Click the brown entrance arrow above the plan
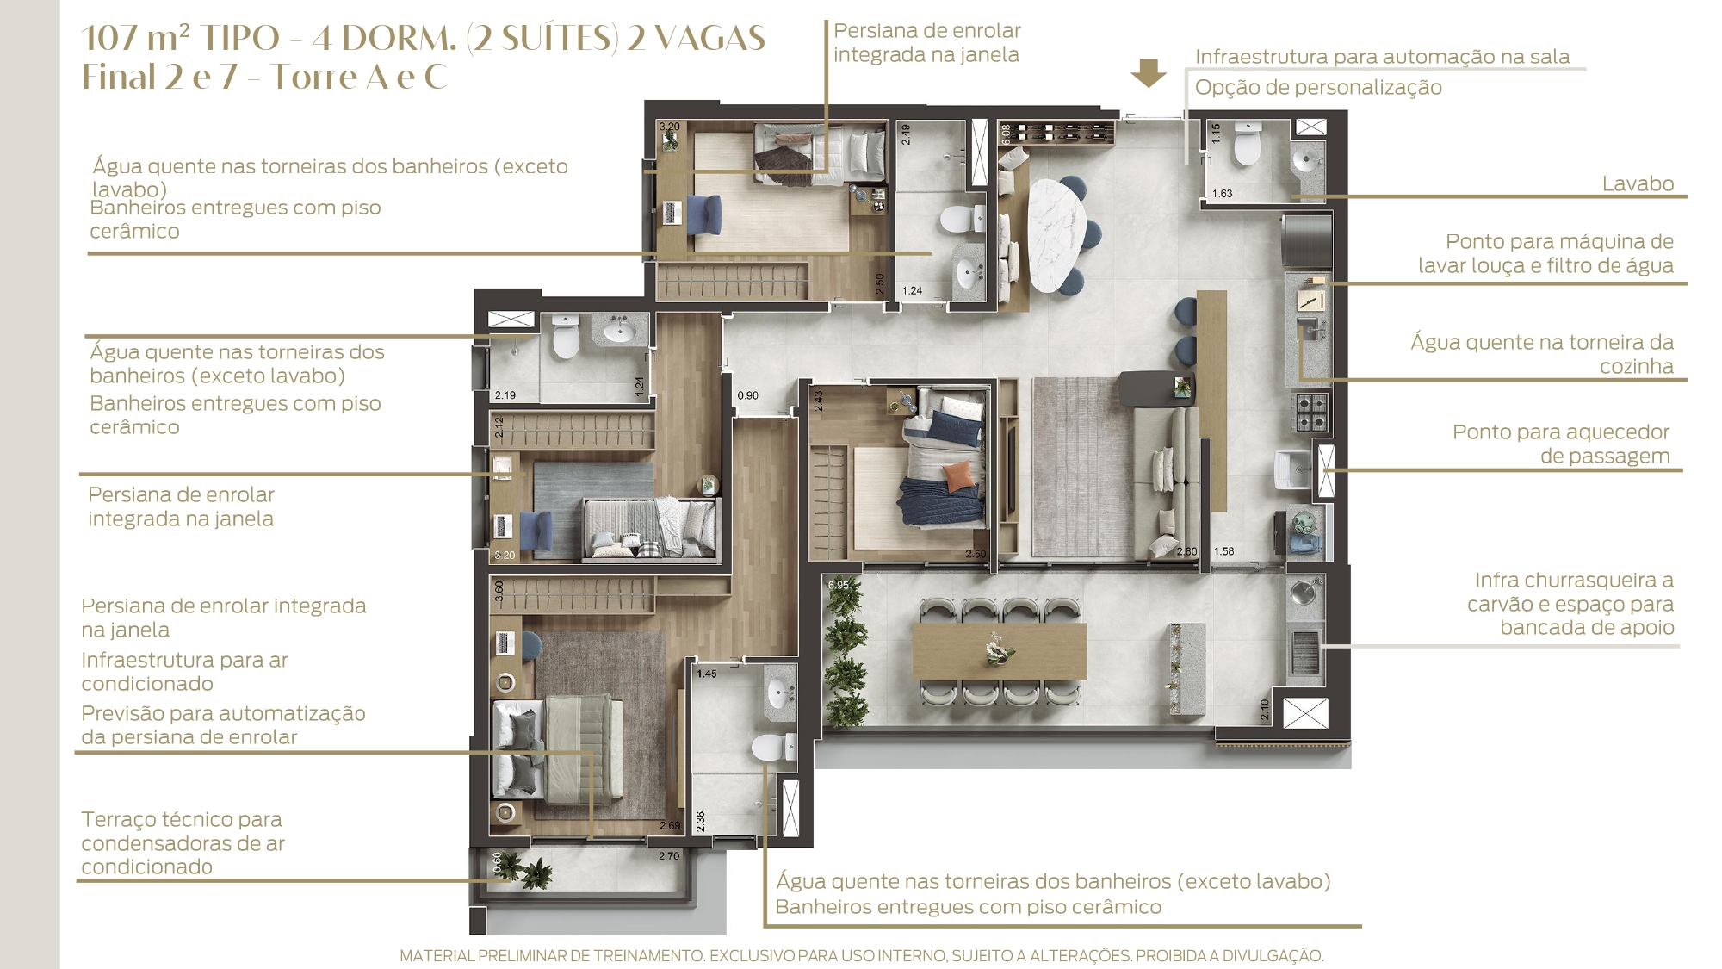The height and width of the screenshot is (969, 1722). pyautogui.click(x=1149, y=73)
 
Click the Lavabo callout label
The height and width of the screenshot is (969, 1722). pyautogui.click(x=1638, y=183)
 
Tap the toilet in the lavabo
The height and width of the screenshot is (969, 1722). pyautogui.click(x=1246, y=143)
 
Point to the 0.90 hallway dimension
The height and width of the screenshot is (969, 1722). pyautogui.click(x=747, y=395)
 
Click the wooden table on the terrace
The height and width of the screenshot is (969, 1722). pyautogui.click(x=999, y=651)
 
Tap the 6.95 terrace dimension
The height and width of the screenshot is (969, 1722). pyautogui.click(x=838, y=585)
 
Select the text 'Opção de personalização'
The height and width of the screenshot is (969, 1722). pyautogui.click(x=1318, y=88)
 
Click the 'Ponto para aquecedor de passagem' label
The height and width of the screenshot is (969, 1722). pyautogui.click(x=1561, y=444)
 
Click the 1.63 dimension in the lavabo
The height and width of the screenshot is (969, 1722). pyautogui.click(x=1223, y=194)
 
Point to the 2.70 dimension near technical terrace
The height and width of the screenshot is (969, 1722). pyautogui.click(x=669, y=856)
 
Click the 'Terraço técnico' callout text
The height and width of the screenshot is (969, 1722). pyautogui.click(x=182, y=819)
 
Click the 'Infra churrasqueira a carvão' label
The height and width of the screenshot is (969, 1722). pyautogui.click(x=1570, y=604)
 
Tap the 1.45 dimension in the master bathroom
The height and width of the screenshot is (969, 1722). pyautogui.click(x=707, y=674)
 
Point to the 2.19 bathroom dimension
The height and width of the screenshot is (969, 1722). pyautogui.click(x=505, y=395)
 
